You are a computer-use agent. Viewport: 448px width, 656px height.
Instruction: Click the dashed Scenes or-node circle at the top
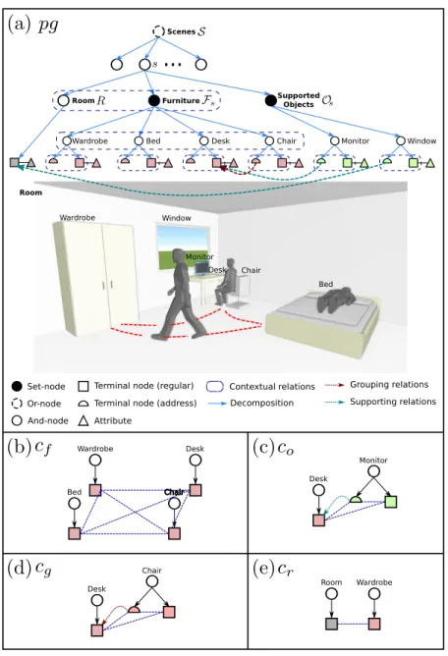click(x=158, y=31)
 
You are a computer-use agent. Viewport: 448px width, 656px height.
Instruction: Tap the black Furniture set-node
click(x=154, y=100)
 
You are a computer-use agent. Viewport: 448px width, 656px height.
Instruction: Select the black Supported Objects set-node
click(x=271, y=100)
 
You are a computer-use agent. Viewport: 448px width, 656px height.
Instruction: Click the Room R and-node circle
click(x=63, y=100)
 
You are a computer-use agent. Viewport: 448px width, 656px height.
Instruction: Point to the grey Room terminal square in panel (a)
click(x=14, y=162)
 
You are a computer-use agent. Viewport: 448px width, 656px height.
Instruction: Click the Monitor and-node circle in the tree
click(x=335, y=141)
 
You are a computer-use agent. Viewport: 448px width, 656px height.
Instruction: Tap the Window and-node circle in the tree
click(x=401, y=141)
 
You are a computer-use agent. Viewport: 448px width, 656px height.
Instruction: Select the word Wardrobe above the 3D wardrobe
click(x=77, y=218)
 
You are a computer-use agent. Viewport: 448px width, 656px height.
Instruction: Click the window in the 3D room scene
click(x=183, y=246)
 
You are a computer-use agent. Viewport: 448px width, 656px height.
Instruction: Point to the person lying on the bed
click(x=337, y=300)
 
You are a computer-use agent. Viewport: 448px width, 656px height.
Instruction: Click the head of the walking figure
click(x=179, y=254)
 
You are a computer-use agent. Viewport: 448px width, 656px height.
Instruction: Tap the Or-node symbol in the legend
click(x=17, y=404)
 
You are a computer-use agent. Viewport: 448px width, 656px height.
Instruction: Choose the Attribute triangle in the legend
click(x=84, y=420)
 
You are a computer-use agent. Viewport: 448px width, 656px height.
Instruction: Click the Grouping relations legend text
click(x=389, y=385)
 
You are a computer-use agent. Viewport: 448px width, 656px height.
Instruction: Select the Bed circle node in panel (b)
click(x=75, y=503)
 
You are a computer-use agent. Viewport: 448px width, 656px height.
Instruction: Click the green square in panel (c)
click(x=391, y=502)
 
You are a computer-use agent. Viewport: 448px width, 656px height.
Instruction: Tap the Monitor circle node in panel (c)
click(x=373, y=471)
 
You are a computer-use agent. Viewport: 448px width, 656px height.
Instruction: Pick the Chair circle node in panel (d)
click(x=152, y=581)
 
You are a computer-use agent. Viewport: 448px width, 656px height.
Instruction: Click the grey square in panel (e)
click(x=331, y=624)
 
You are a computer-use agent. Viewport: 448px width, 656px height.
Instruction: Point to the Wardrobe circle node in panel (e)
click(x=374, y=594)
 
